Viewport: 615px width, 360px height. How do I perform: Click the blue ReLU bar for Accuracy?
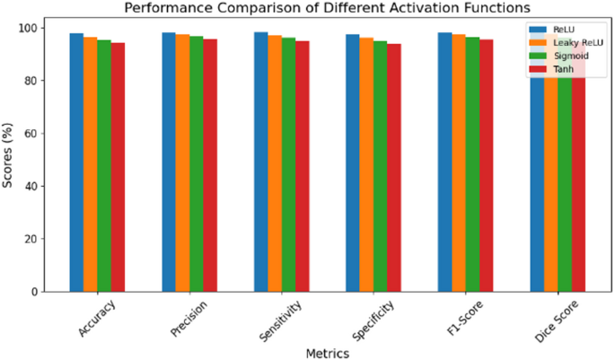pyautogui.click(x=76, y=162)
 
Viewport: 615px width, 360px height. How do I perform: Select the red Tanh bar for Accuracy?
pyautogui.click(x=118, y=166)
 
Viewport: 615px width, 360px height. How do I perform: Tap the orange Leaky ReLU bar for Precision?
pyautogui.click(x=182, y=162)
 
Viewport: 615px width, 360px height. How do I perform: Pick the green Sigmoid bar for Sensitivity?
pyautogui.click(x=288, y=163)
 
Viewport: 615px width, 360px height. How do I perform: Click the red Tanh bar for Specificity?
pyautogui.click(x=394, y=167)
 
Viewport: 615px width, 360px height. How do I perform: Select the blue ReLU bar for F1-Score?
pyautogui.click(x=444, y=162)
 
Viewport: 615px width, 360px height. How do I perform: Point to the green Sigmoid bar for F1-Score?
pyautogui.click(x=472, y=163)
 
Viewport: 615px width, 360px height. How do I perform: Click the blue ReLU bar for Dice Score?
pyautogui.click(x=537, y=180)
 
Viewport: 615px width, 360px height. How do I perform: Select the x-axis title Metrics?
pyautogui.click(x=327, y=353)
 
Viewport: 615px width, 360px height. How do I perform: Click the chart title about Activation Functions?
pyautogui.click(x=327, y=8)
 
